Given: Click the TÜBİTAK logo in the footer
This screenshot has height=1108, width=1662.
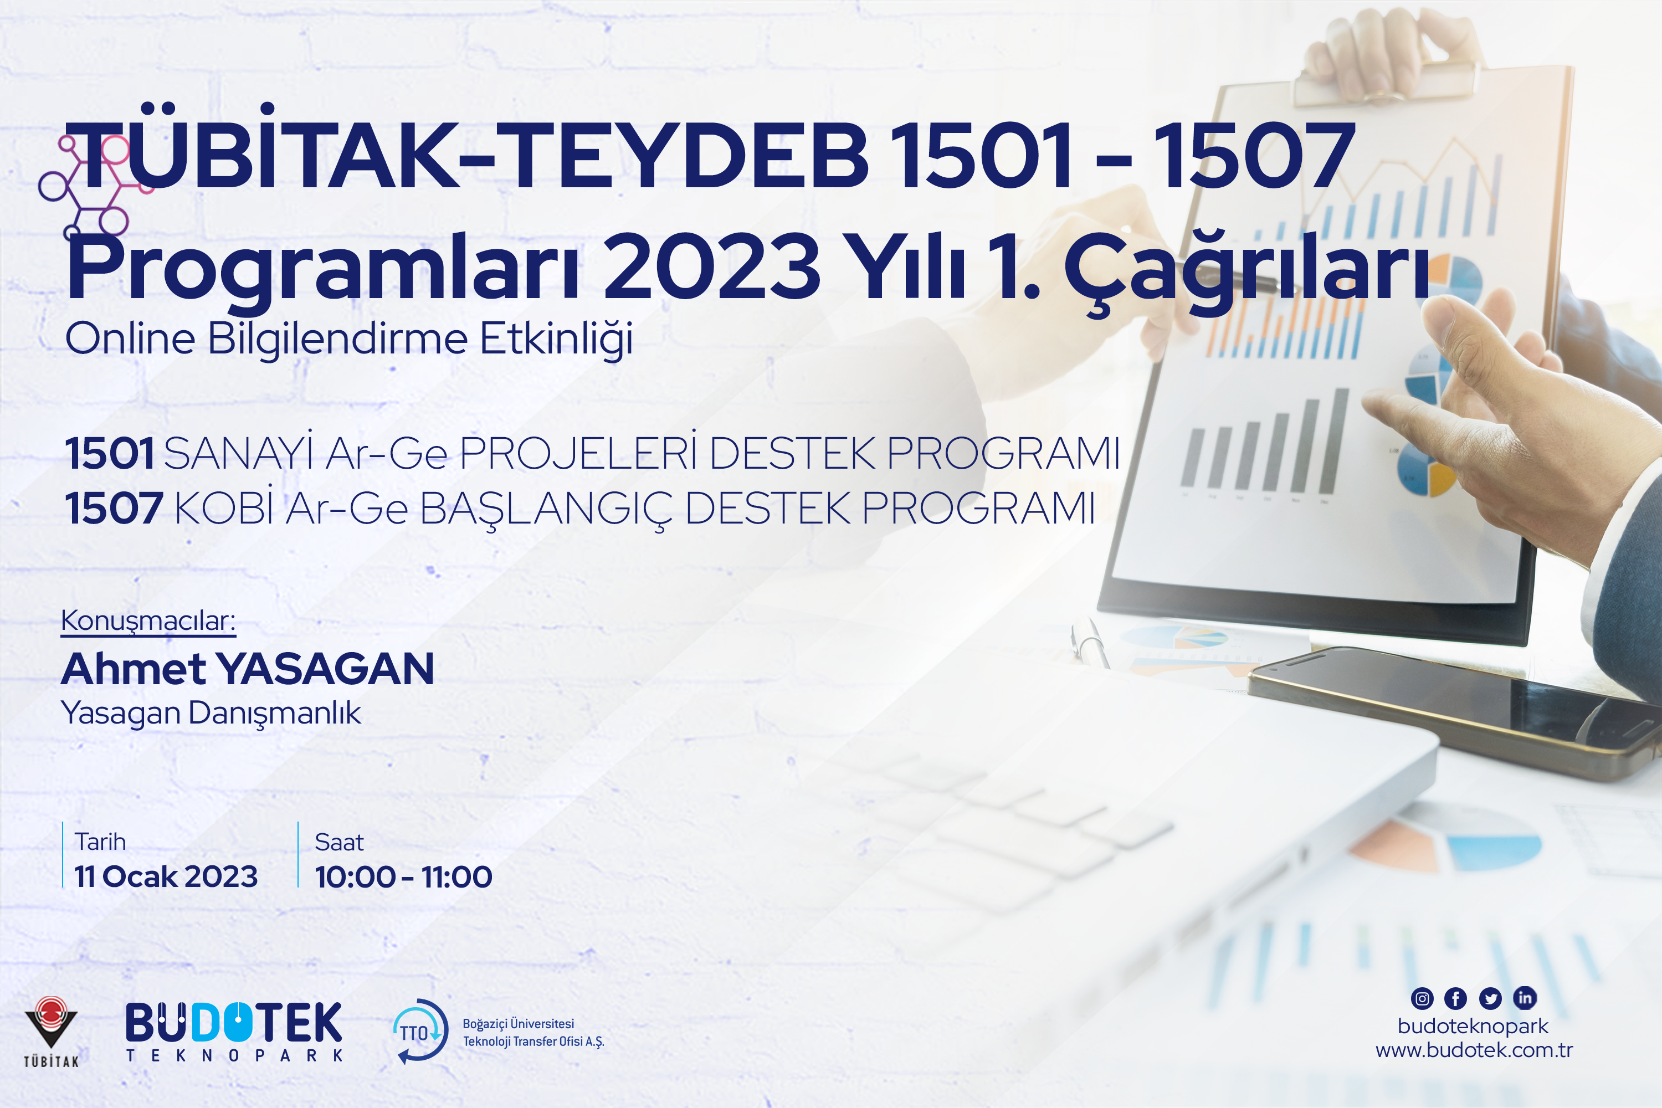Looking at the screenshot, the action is pos(51,1031).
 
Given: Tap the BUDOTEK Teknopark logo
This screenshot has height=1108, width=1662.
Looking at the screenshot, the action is pos(234,1031).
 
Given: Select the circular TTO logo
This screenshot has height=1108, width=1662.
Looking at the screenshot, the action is pos(420,1031).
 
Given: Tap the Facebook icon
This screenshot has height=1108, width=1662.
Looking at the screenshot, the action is pos(1456,998).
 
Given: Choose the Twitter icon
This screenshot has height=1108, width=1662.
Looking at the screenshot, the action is pos(1490,998).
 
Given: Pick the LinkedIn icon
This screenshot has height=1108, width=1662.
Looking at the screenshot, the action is pos(1525,998).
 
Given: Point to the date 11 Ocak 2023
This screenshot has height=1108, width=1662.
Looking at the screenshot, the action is pos(166,876).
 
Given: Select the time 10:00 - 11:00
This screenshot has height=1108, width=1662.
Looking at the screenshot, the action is pos(403,877).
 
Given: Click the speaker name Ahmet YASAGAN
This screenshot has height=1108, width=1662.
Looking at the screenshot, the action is pos(247,669).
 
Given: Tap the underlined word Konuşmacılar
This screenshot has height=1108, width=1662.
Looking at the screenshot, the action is pos(148,620).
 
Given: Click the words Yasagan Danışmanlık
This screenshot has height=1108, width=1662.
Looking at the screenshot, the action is pos(211,713).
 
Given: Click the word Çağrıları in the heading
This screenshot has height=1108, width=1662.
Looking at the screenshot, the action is pos(1247,270).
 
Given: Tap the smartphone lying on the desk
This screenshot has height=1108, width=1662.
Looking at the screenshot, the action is pos(1456,710).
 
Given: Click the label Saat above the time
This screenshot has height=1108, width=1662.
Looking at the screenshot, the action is pos(339,842).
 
